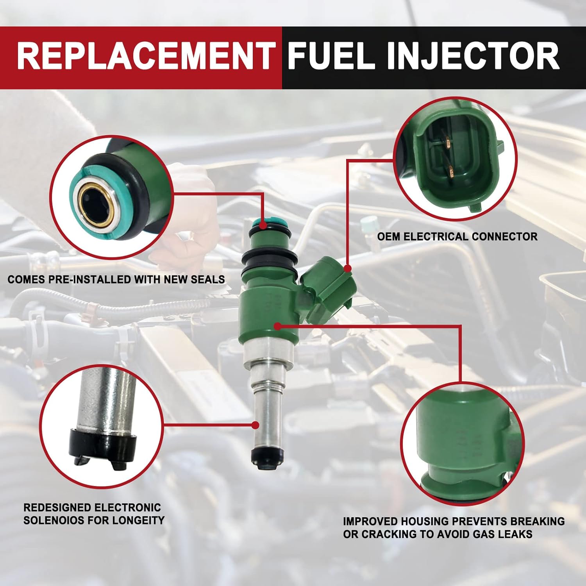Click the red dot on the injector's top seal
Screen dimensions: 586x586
pyautogui.click(x=263, y=225)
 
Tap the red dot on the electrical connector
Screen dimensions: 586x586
pyautogui.click(x=347, y=268)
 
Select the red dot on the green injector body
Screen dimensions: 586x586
pyautogui.click(x=277, y=326)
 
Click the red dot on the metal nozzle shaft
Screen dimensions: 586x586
pyautogui.click(x=255, y=425)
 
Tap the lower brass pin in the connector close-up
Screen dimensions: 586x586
pyautogui.click(x=450, y=170)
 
